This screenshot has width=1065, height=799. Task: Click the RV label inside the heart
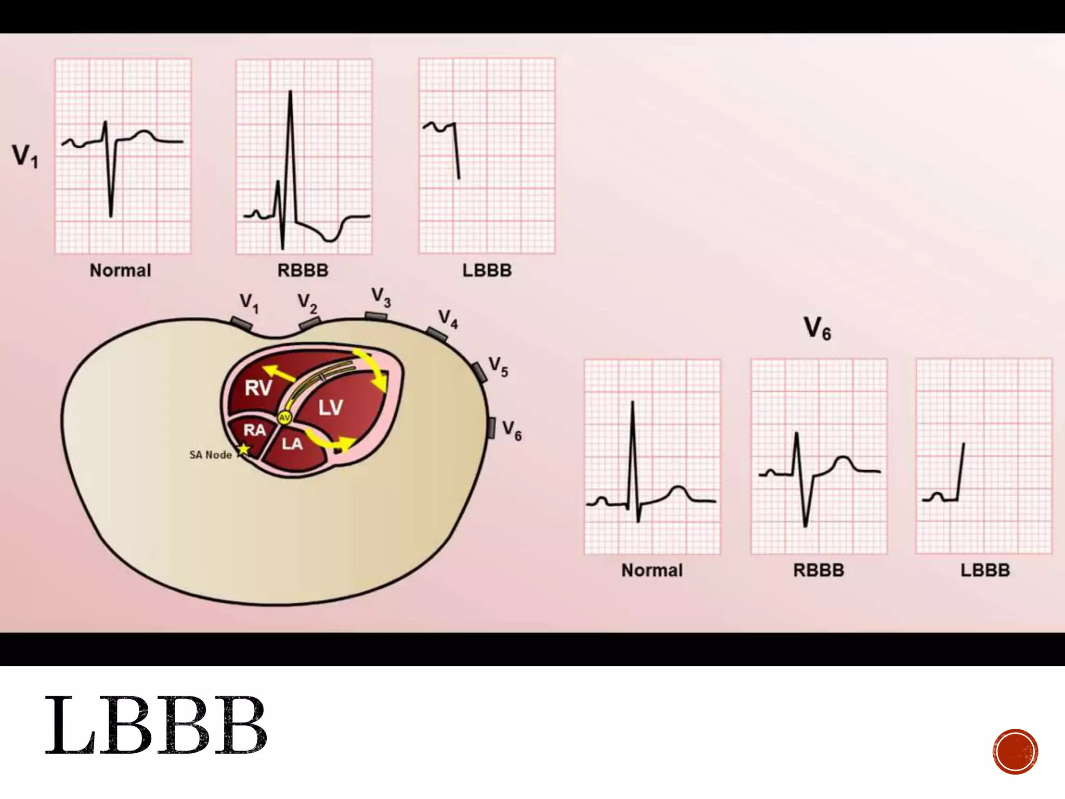tap(258, 388)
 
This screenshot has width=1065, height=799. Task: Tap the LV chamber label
tap(331, 407)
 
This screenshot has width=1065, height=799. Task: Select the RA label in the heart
tap(254, 430)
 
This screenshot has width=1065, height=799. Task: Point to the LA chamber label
tap(292, 444)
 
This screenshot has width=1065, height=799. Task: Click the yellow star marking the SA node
tap(243, 449)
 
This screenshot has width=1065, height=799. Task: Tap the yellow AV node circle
tap(284, 417)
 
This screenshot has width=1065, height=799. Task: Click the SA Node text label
tap(211, 455)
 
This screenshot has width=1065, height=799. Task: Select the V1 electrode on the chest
tap(241, 324)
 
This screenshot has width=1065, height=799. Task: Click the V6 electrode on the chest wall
tap(491, 428)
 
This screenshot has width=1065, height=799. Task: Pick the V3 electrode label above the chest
tap(381, 298)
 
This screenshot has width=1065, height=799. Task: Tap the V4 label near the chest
tap(448, 319)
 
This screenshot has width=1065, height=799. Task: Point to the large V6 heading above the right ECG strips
tap(817, 329)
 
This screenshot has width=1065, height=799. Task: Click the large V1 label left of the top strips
tap(25, 156)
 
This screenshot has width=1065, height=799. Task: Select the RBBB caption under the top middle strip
tap(303, 270)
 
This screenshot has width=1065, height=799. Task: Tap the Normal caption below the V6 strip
tap(652, 570)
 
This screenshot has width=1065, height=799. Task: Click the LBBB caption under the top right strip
tap(487, 270)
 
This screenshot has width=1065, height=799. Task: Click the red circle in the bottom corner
tap(1015, 752)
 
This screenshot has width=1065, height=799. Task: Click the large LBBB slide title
tap(156, 725)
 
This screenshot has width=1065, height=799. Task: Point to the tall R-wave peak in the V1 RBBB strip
tap(290, 93)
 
